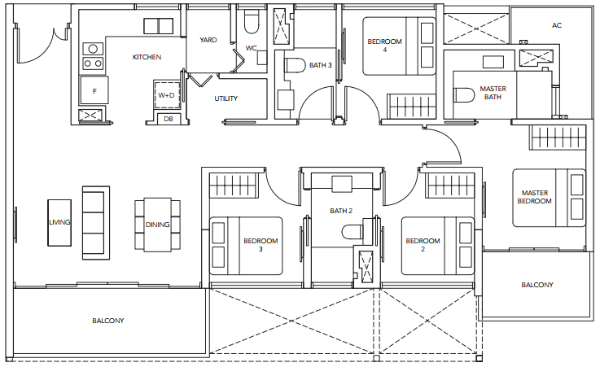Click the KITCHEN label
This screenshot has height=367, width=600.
pyautogui.click(x=147, y=57)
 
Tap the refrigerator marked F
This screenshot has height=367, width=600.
pyautogui.click(x=94, y=90)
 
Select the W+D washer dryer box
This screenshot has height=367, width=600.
pyautogui.click(x=166, y=95)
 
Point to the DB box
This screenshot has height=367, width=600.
pyautogui.click(x=169, y=119)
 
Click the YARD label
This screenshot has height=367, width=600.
pyautogui.click(x=208, y=40)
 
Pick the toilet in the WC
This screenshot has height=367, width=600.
pyautogui.click(x=252, y=21)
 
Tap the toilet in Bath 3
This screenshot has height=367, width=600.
pyautogui.click(x=295, y=65)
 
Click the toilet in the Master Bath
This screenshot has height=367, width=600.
pyautogui.click(x=464, y=95)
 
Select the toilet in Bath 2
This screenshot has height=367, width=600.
pyautogui.click(x=352, y=232)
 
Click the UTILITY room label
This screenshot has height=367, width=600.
pyautogui.click(x=226, y=98)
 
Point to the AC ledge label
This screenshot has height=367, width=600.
pyautogui.click(x=557, y=25)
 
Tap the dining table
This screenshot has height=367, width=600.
pyautogui.click(x=157, y=225)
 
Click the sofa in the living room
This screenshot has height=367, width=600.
pyautogui.click(x=96, y=223)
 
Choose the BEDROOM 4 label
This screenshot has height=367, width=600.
pyautogui.click(x=384, y=45)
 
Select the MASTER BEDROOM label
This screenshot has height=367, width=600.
pyautogui.click(x=535, y=197)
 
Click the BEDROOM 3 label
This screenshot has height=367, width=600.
pyautogui.click(x=261, y=245)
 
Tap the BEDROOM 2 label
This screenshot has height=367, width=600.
pyautogui.click(x=423, y=245)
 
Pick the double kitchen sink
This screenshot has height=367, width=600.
pyautogui.click(x=159, y=26)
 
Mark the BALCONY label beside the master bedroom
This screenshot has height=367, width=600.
pyautogui.click(x=537, y=285)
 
